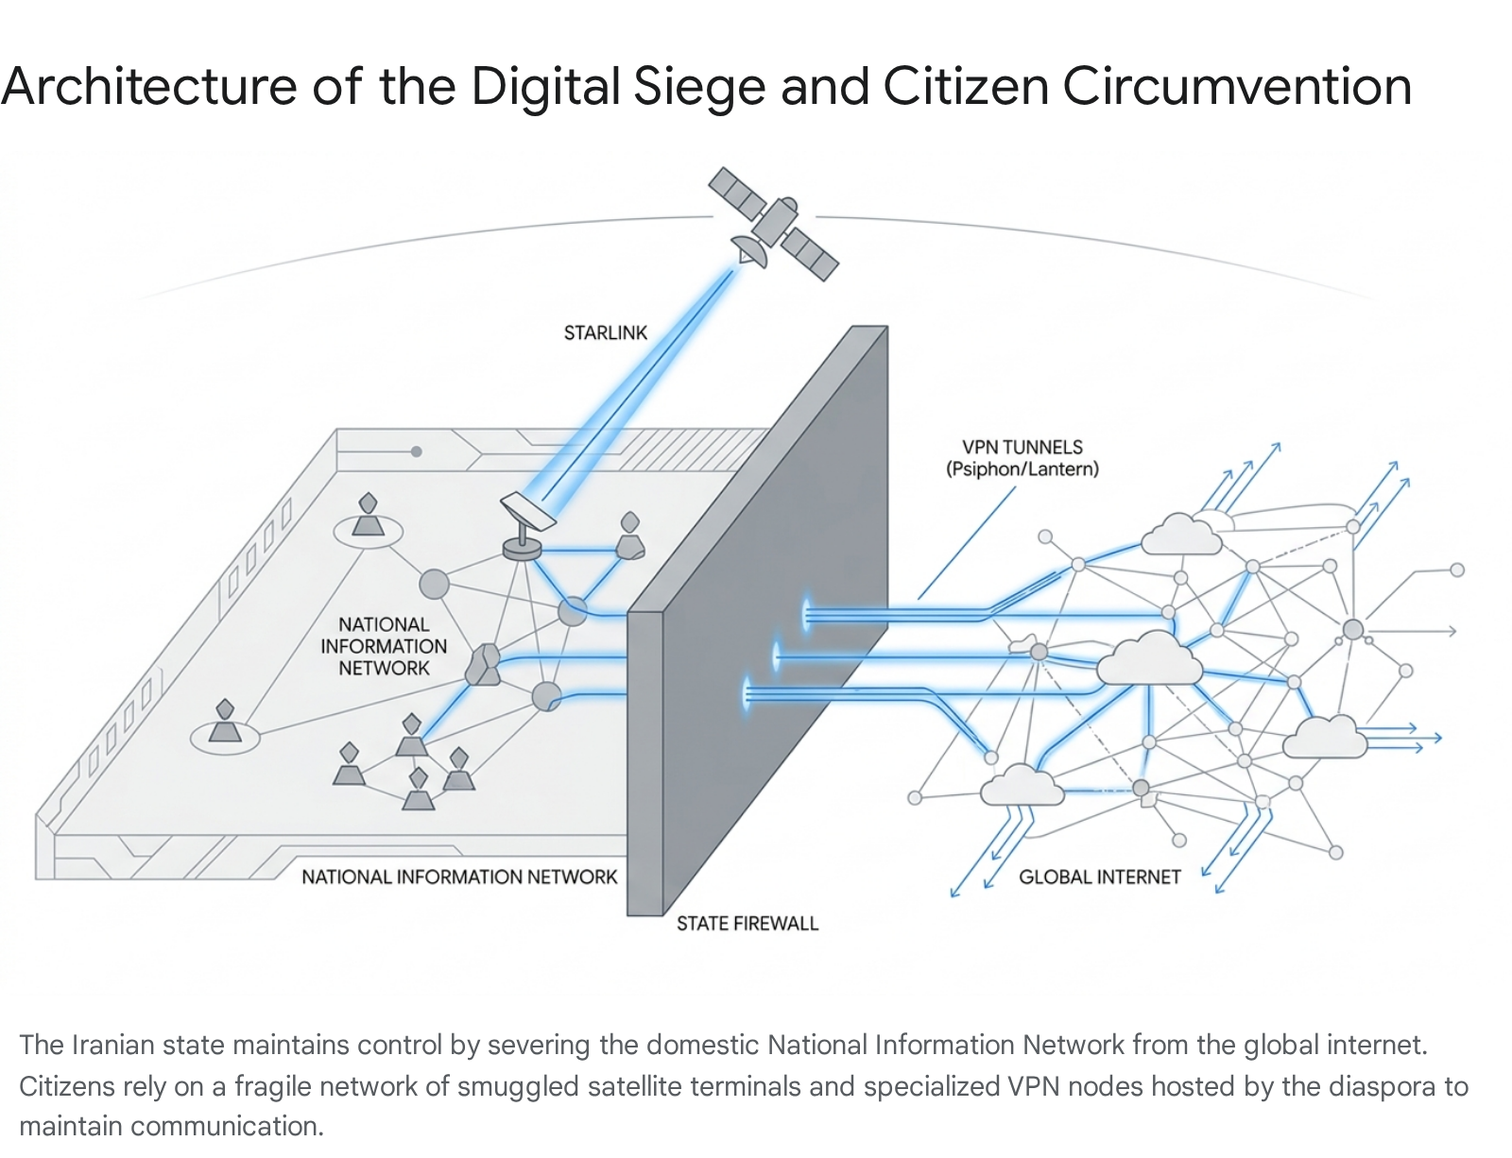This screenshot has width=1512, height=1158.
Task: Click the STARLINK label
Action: [x=606, y=332]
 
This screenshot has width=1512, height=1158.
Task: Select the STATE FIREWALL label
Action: [x=747, y=923]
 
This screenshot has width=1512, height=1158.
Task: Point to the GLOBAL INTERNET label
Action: [x=1099, y=877]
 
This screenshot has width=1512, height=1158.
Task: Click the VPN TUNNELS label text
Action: [x=1022, y=447]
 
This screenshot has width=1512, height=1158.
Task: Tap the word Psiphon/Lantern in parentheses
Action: [x=1022, y=469]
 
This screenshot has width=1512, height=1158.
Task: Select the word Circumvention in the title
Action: [x=1237, y=87]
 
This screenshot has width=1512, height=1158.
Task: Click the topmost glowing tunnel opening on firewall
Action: [x=807, y=614]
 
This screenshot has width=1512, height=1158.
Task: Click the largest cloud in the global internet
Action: [x=1149, y=658]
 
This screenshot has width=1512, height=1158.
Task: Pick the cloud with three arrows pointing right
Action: [x=1324, y=737]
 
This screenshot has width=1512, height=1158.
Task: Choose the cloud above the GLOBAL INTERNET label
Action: [x=1021, y=786]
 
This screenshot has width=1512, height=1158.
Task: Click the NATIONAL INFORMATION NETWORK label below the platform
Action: [x=459, y=877]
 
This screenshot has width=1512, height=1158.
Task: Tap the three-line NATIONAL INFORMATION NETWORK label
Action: [x=384, y=646]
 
